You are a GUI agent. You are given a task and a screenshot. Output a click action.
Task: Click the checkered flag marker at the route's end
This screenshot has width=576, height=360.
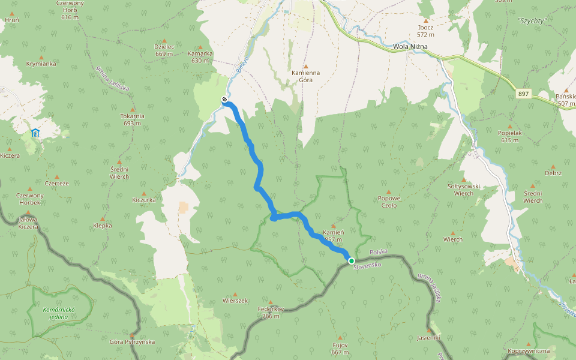(x=224, y=100)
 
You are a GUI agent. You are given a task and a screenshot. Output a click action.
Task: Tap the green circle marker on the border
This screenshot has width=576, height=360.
(x=351, y=260)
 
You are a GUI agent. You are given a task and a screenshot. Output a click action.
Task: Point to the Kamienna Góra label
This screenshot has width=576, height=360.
(x=305, y=76)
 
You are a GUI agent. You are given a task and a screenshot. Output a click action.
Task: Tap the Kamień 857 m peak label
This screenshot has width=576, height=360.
(x=333, y=235)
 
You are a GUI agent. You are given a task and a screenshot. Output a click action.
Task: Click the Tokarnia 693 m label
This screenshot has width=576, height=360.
(x=132, y=119)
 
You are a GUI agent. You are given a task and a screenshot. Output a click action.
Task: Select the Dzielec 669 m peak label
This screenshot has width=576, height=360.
(x=164, y=50)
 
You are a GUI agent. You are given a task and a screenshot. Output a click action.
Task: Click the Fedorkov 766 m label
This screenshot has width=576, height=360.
(x=270, y=313)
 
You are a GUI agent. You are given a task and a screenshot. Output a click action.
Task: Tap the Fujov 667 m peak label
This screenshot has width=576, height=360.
(x=340, y=349)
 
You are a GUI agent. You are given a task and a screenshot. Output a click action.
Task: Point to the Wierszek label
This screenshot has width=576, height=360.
(x=235, y=300)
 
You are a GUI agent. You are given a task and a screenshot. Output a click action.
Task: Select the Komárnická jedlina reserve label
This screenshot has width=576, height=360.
(x=63, y=313)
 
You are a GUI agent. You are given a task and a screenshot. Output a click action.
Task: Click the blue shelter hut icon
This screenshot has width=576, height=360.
(x=35, y=133)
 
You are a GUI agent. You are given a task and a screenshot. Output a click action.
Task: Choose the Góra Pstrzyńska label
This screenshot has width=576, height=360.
(x=132, y=341)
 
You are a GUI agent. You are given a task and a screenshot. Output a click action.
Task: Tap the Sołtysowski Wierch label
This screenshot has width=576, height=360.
(x=464, y=190)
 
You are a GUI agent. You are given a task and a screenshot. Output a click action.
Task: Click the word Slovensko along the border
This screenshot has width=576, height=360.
(x=367, y=265)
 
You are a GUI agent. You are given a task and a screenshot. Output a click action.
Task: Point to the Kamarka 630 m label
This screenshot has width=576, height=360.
(x=200, y=56)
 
